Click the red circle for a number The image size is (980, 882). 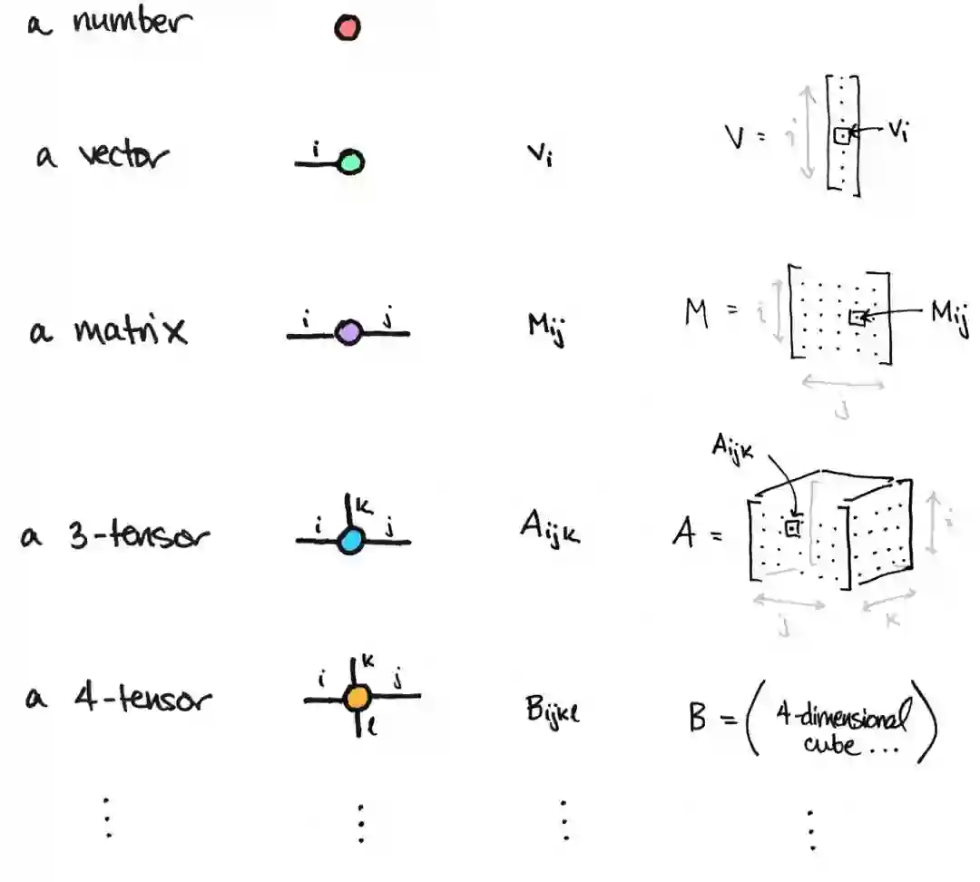click(347, 29)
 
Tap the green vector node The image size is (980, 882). click(350, 163)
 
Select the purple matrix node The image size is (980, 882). click(348, 333)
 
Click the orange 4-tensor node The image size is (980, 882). click(357, 697)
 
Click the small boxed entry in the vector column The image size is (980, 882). click(841, 136)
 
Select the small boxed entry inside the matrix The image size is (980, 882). click(856, 318)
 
